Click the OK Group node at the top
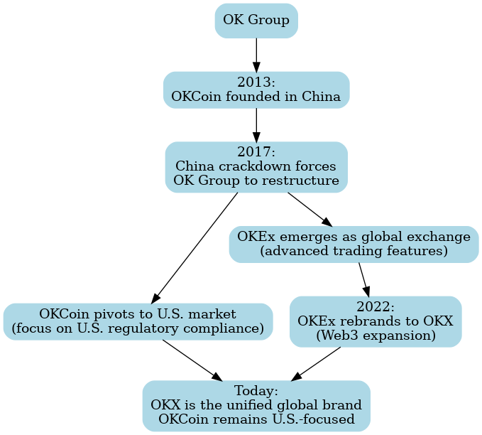tap(256, 20)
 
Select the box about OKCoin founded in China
tap(256, 90)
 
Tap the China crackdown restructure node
tap(256, 167)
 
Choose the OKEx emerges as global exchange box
tap(354, 244)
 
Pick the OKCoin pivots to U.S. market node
tap(138, 321)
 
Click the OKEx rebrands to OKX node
tap(376, 321)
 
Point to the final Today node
tap(256, 406)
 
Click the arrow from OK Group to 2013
tap(256, 54)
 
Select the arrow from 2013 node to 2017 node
tap(256, 124)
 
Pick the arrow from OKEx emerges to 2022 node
tap(364, 279)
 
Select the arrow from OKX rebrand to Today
tap(317, 362)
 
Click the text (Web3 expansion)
tap(376, 335)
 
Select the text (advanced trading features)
tap(354, 252)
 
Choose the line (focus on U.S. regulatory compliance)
tap(138, 328)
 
